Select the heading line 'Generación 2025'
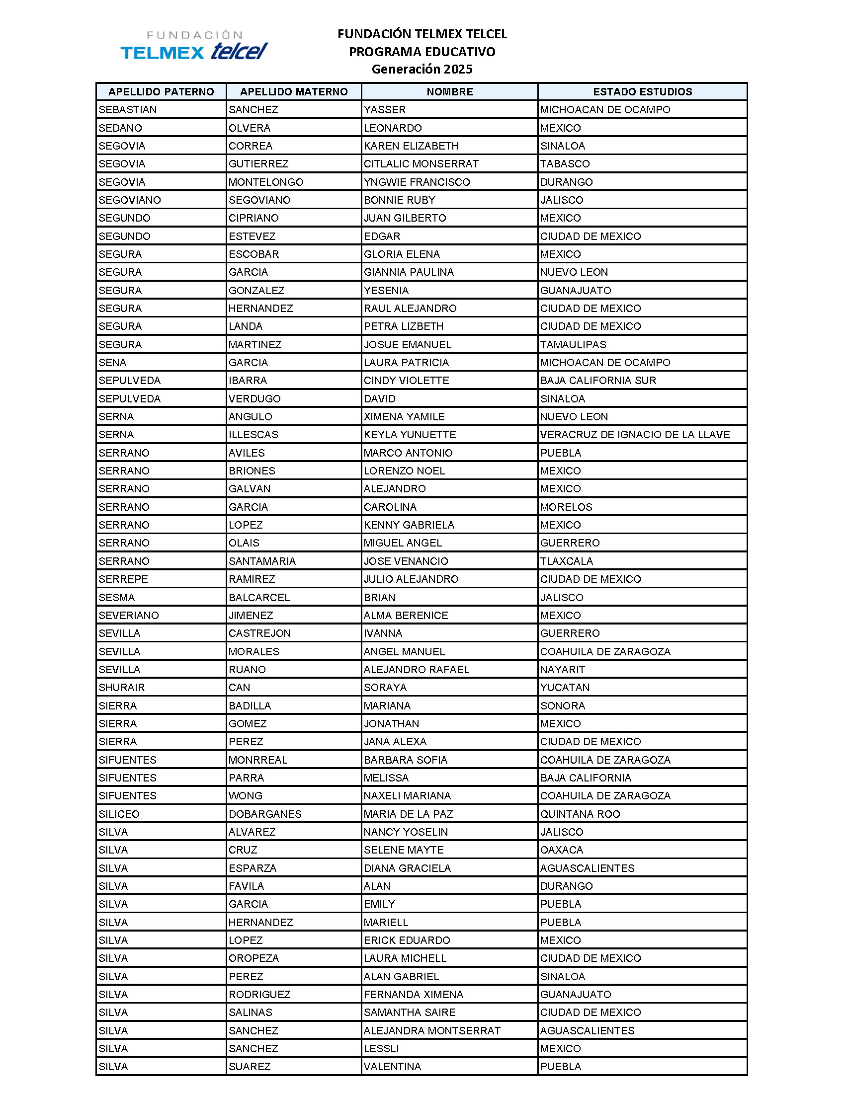[x=422, y=69]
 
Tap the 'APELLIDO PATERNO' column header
[x=161, y=91]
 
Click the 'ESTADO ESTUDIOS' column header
[x=642, y=91]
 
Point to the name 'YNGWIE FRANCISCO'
[x=417, y=182]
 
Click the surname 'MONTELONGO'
[x=266, y=182]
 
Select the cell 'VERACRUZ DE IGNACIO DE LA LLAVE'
[x=635, y=434]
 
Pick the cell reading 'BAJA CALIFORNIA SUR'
[x=597, y=381]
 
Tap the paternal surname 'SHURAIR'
[x=122, y=687]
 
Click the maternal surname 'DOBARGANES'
[x=265, y=814]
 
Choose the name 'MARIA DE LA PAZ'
[x=408, y=814]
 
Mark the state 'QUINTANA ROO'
[x=580, y=814]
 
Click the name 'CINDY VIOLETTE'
[x=406, y=381]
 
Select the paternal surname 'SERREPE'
[x=123, y=579]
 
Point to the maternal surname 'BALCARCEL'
[x=259, y=597]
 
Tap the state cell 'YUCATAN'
[x=565, y=687]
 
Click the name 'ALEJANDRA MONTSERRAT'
[x=432, y=1030]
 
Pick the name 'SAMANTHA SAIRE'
[x=410, y=1013]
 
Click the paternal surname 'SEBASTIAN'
[x=128, y=110]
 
